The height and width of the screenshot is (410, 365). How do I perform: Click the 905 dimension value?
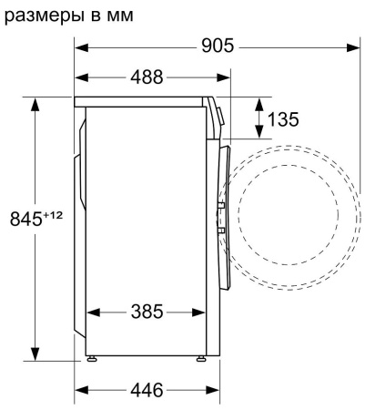click(218, 46)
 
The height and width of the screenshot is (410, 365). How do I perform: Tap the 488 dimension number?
click(147, 77)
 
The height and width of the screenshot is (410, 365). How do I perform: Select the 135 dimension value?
click(283, 118)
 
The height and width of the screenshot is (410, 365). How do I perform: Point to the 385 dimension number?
click(147, 312)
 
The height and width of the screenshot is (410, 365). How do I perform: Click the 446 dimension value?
click(147, 390)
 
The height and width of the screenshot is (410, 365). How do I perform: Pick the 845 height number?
click(25, 219)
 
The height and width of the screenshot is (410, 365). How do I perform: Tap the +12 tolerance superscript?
click(53, 215)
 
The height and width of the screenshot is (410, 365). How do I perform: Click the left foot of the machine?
click(92, 359)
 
